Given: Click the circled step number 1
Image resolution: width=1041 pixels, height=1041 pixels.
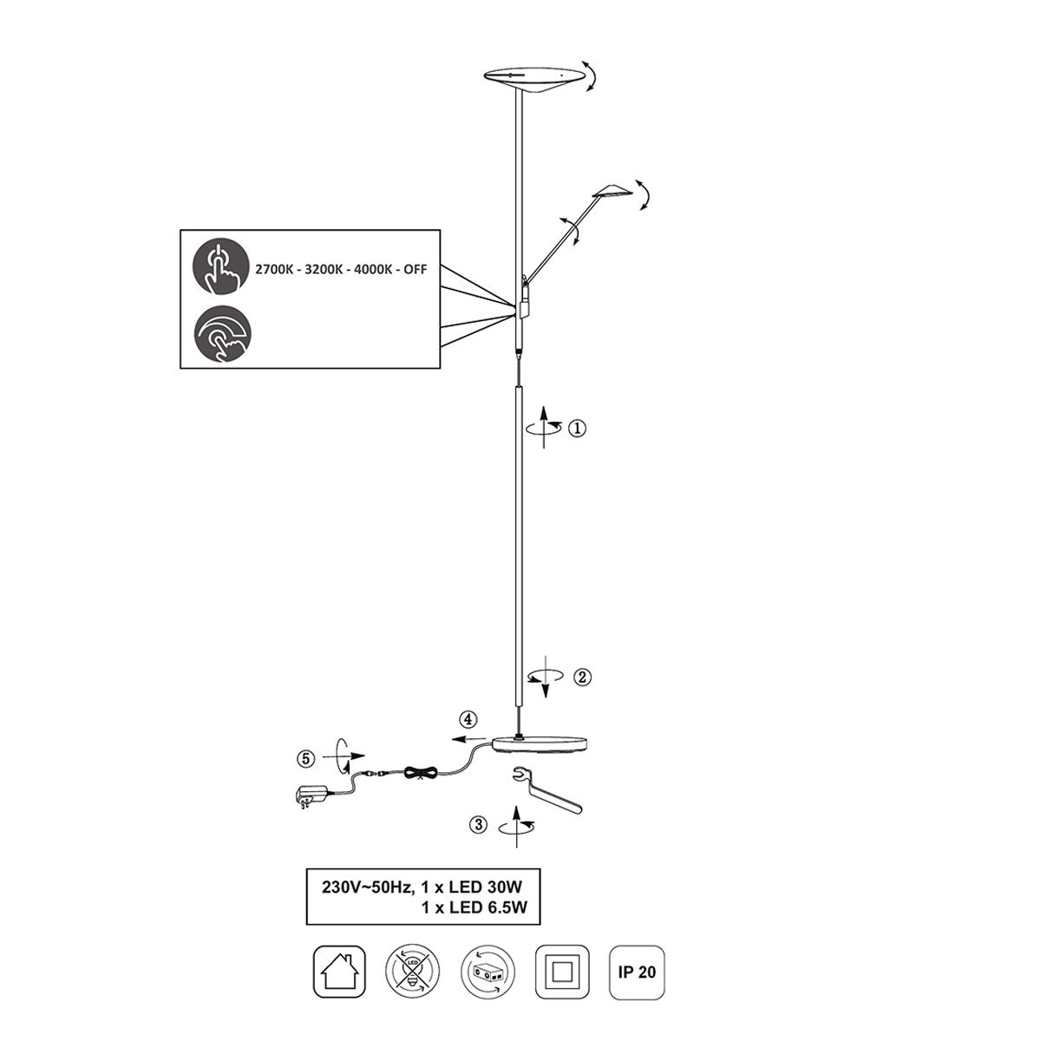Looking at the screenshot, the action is (x=576, y=429).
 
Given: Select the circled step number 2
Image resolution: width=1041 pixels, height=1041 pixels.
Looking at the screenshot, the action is (x=581, y=677).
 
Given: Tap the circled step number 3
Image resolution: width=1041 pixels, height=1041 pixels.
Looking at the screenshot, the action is (x=479, y=825).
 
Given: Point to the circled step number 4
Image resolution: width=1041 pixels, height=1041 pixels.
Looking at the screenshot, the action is (x=468, y=719).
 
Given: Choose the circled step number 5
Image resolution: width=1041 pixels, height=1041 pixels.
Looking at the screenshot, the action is (x=305, y=759).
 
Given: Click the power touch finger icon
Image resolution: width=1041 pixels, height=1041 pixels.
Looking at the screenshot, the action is (x=221, y=266).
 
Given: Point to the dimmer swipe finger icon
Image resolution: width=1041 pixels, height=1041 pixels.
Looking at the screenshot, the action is (x=222, y=334).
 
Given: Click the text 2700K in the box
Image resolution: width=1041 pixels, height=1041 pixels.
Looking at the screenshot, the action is (x=274, y=270).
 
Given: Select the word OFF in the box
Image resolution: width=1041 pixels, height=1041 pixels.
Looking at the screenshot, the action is (x=415, y=270).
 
